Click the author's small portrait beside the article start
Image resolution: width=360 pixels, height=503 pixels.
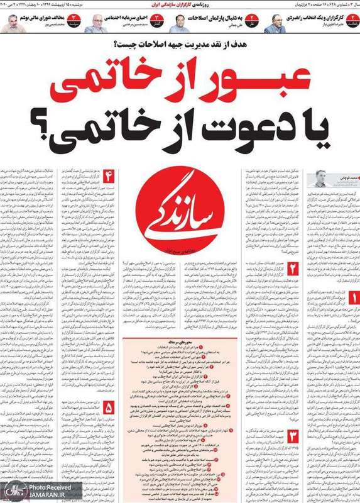322,178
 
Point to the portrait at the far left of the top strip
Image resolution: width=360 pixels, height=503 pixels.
12,24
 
